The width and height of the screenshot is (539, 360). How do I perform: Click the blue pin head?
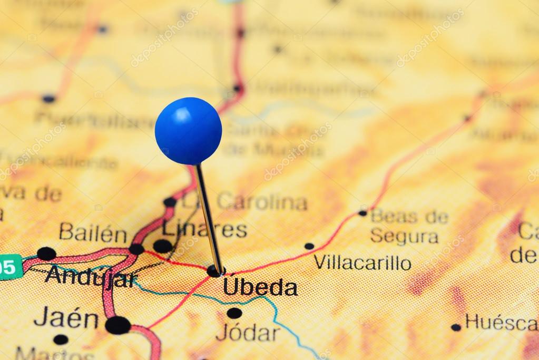(x=188, y=130)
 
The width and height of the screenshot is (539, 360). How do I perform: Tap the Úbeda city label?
(x=260, y=288)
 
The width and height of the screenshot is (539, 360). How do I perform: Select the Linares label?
(x=204, y=229)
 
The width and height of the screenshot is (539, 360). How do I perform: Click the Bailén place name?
(x=93, y=232)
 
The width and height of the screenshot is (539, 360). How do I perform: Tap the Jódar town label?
(x=248, y=332)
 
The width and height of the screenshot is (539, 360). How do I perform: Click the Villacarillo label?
(x=362, y=262)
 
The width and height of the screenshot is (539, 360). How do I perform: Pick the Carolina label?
(x=262, y=201)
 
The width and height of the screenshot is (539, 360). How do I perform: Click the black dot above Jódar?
(x=234, y=313)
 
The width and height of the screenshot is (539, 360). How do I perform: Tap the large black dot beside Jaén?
(x=117, y=325)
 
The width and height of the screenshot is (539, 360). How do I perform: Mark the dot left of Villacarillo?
(x=309, y=246)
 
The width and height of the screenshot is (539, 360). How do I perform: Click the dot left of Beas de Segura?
(x=362, y=213)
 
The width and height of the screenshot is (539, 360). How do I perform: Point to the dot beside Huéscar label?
(x=456, y=327)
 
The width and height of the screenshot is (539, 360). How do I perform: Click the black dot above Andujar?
(x=46, y=254)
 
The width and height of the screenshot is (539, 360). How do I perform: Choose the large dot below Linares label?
(x=162, y=246)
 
